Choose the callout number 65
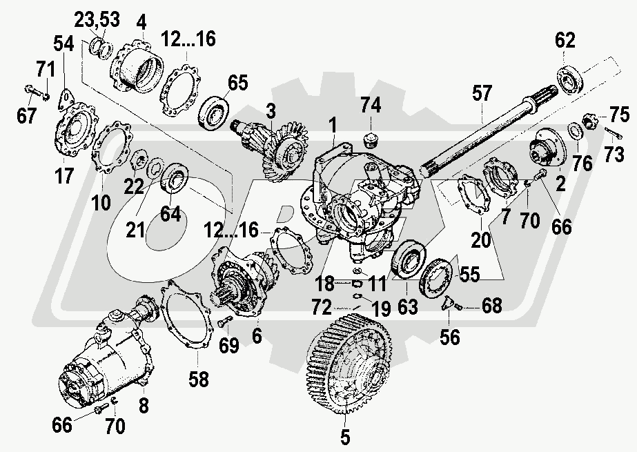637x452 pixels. coord(237,84)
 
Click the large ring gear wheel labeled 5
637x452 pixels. coord(345,359)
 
